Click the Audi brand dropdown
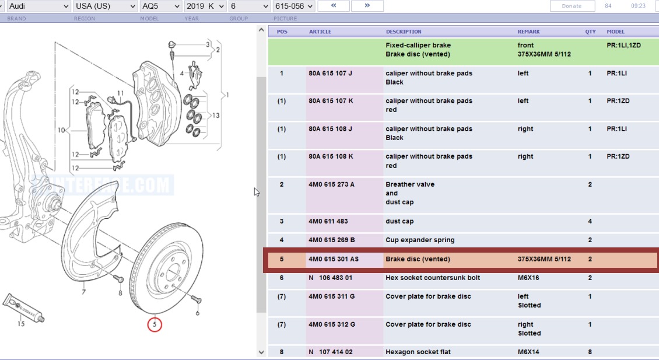coord(38,6)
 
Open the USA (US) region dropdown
coord(105,6)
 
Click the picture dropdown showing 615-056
coord(293,6)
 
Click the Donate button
coord(572,6)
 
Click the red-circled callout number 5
coord(155,324)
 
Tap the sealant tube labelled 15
coord(23,308)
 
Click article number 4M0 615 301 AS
coord(334,259)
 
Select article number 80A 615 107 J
coord(331,74)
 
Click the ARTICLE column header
coord(320,32)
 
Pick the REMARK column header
coord(528,32)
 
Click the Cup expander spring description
coord(420,240)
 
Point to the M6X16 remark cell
coord(529,278)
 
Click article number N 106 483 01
coord(331,278)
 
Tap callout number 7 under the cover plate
coord(84,292)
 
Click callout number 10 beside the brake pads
coord(61,130)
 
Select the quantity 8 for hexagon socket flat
coord(590,352)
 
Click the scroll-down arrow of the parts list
coord(261,352)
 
